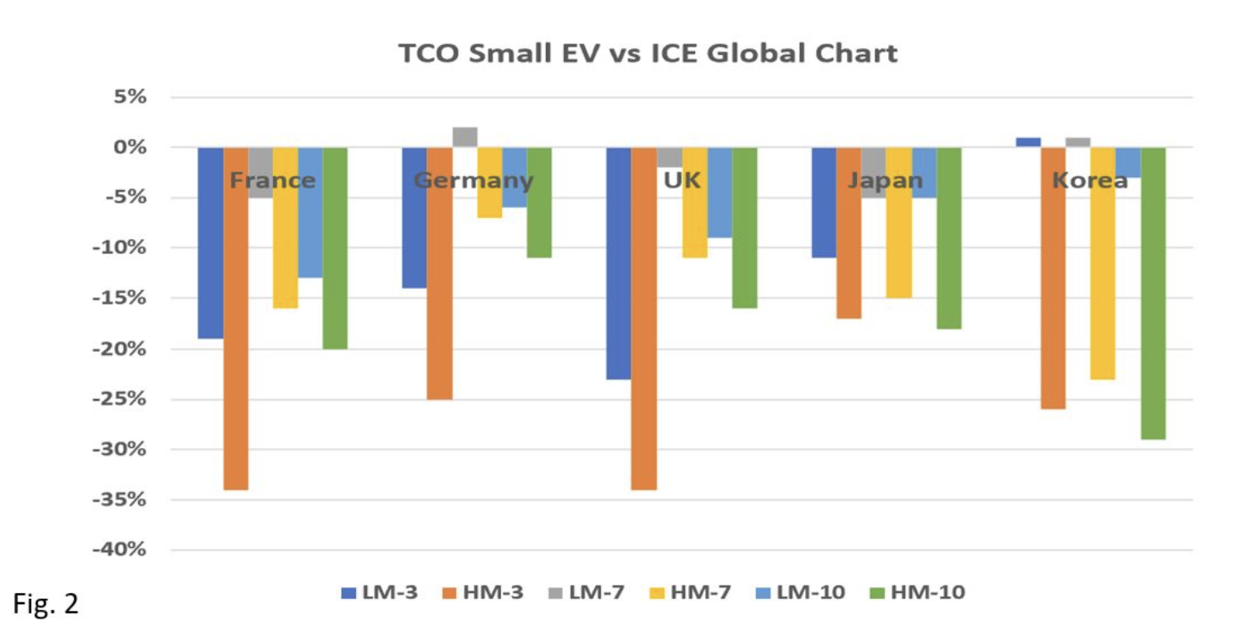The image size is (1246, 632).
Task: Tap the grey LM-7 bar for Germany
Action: (x=465, y=137)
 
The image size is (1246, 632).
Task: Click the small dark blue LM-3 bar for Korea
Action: (x=1028, y=142)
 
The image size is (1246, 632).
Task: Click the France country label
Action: (x=273, y=180)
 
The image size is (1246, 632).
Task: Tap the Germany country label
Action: (x=474, y=180)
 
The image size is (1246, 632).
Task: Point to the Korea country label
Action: (x=1090, y=180)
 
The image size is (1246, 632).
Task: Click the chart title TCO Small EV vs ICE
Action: (x=648, y=54)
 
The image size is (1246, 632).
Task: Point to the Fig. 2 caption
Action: (x=46, y=604)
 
